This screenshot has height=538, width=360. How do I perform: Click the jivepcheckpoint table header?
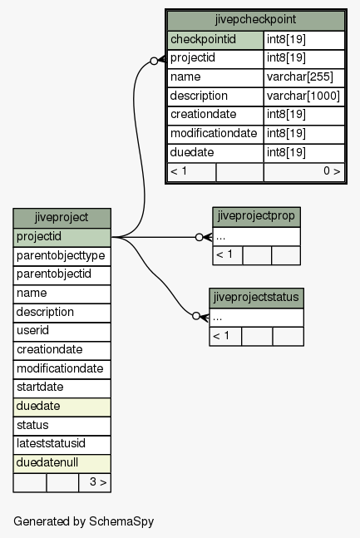[x=256, y=20]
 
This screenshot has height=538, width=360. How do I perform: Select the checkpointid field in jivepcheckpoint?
[x=215, y=40]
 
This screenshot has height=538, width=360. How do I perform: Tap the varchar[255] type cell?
[x=304, y=77]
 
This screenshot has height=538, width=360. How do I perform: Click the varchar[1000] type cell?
[x=304, y=96]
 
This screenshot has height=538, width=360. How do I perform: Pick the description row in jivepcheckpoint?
[x=215, y=96]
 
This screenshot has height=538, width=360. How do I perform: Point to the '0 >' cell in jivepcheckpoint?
[x=304, y=171]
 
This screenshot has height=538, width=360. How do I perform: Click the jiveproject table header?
[x=62, y=218]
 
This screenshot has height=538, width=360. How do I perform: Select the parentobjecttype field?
[x=62, y=256]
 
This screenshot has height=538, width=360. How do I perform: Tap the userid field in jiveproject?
[x=62, y=332]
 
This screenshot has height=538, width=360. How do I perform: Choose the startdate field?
[x=62, y=388]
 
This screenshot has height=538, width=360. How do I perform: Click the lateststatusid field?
[x=62, y=445]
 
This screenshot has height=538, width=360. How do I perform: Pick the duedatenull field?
[x=62, y=463]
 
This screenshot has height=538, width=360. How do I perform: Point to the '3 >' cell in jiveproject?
[x=95, y=482]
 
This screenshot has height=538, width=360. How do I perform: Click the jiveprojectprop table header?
[x=256, y=217]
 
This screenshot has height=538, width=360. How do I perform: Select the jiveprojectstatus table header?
[x=256, y=298]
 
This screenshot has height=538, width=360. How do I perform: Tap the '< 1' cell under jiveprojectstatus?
[x=225, y=336]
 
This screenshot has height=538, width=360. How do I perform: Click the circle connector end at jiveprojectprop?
[x=199, y=237]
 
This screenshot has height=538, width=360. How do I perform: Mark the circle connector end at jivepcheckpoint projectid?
[x=154, y=61]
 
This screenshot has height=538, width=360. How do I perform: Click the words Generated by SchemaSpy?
[x=83, y=521]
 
